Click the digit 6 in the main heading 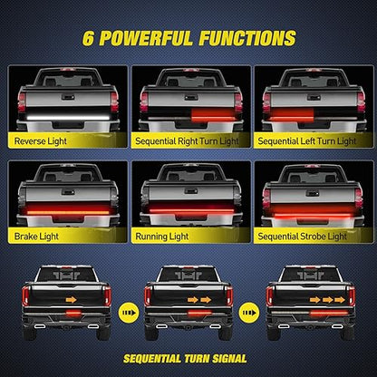point(88,39)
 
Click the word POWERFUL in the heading point(146,38)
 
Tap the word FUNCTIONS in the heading point(247,38)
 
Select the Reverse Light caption point(41,141)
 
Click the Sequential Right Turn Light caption point(187,141)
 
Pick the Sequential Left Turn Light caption point(307,141)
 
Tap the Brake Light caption point(36,237)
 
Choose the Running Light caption point(162,237)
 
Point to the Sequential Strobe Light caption point(303,237)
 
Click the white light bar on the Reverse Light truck point(68,117)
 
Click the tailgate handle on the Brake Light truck point(68,192)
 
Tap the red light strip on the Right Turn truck point(213,114)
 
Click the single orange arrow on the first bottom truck point(72,300)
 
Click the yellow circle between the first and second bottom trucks point(129,313)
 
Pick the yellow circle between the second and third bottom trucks point(249,313)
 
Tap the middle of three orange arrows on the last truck point(327,300)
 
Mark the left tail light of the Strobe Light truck point(266,198)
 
